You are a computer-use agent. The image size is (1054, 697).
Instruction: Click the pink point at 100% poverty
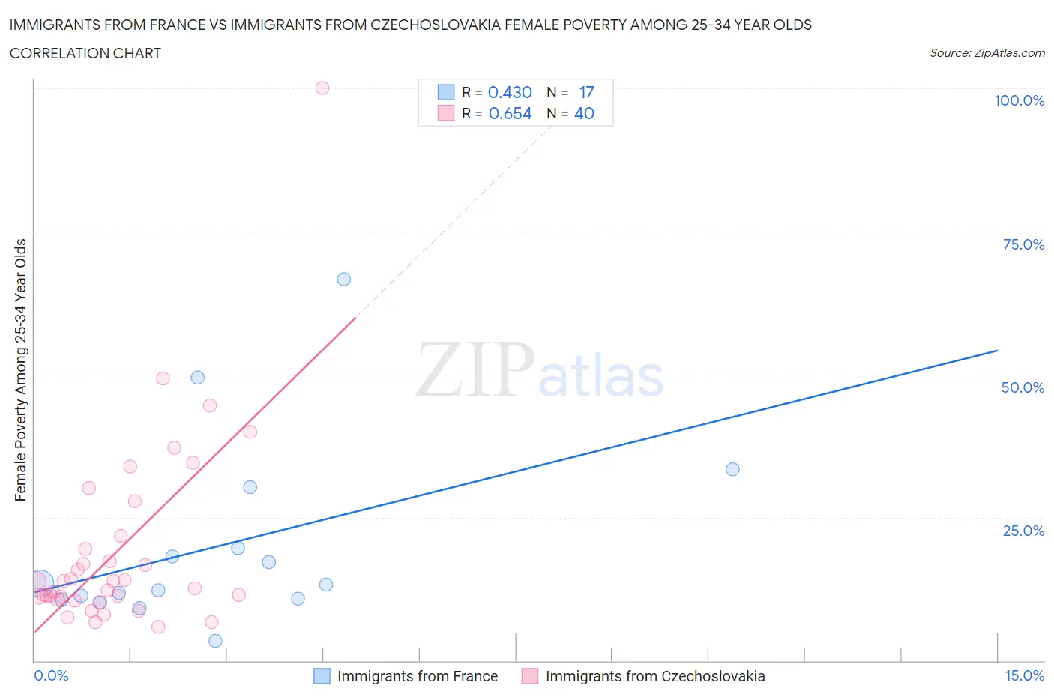click(322, 88)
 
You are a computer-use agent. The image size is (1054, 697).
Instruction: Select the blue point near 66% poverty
click(344, 279)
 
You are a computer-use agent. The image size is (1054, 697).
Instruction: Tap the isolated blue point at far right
click(732, 469)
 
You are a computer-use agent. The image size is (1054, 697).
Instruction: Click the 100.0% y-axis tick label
click(1019, 100)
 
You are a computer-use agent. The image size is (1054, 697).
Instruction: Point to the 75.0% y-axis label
click(1023, 244)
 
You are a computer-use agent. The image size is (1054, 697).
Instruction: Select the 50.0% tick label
click(1023, 387)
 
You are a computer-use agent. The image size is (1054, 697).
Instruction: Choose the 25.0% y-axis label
click(1023, 531)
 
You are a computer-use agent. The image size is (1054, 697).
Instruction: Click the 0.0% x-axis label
click(51, 675)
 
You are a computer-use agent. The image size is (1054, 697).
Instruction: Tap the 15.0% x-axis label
click(1024, 675)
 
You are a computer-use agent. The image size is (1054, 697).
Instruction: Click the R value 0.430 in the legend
click(510, 92)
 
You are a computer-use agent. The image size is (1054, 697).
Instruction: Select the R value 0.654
click(510, 113)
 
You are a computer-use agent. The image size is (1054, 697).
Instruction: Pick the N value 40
click(584, 113)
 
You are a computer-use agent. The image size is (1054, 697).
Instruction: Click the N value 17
click(586, 92)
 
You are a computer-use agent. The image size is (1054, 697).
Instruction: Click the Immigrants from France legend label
click(418, 676)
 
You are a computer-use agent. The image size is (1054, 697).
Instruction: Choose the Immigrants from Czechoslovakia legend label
click(655, 676)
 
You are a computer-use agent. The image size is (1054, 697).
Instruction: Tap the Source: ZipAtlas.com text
click(987, 53)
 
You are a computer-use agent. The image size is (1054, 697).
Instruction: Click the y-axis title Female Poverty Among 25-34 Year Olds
click(21, 369)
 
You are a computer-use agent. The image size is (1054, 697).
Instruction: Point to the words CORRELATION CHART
click(85, 53)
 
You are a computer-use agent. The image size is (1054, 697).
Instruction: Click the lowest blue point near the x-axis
click(215, 640)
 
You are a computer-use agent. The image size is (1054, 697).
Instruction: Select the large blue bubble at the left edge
click(40, 582)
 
